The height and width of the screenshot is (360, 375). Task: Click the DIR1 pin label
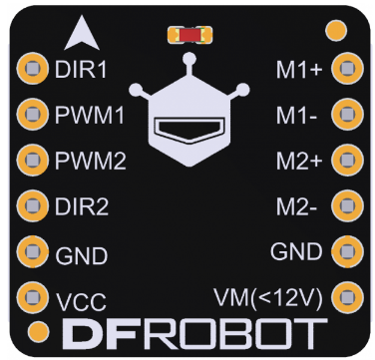point(82,71)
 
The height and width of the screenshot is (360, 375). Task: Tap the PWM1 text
point(90,115)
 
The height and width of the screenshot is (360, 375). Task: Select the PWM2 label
point(90,160)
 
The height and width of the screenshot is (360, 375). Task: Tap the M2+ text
point(299,161)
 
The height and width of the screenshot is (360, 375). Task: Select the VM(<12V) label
point(269,297)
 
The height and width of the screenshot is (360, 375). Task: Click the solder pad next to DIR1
point(34,69)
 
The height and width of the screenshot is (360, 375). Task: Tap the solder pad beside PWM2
point(34,159)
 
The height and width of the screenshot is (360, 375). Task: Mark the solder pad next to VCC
point(34,296)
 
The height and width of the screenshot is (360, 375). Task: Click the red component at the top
point(188,36)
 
